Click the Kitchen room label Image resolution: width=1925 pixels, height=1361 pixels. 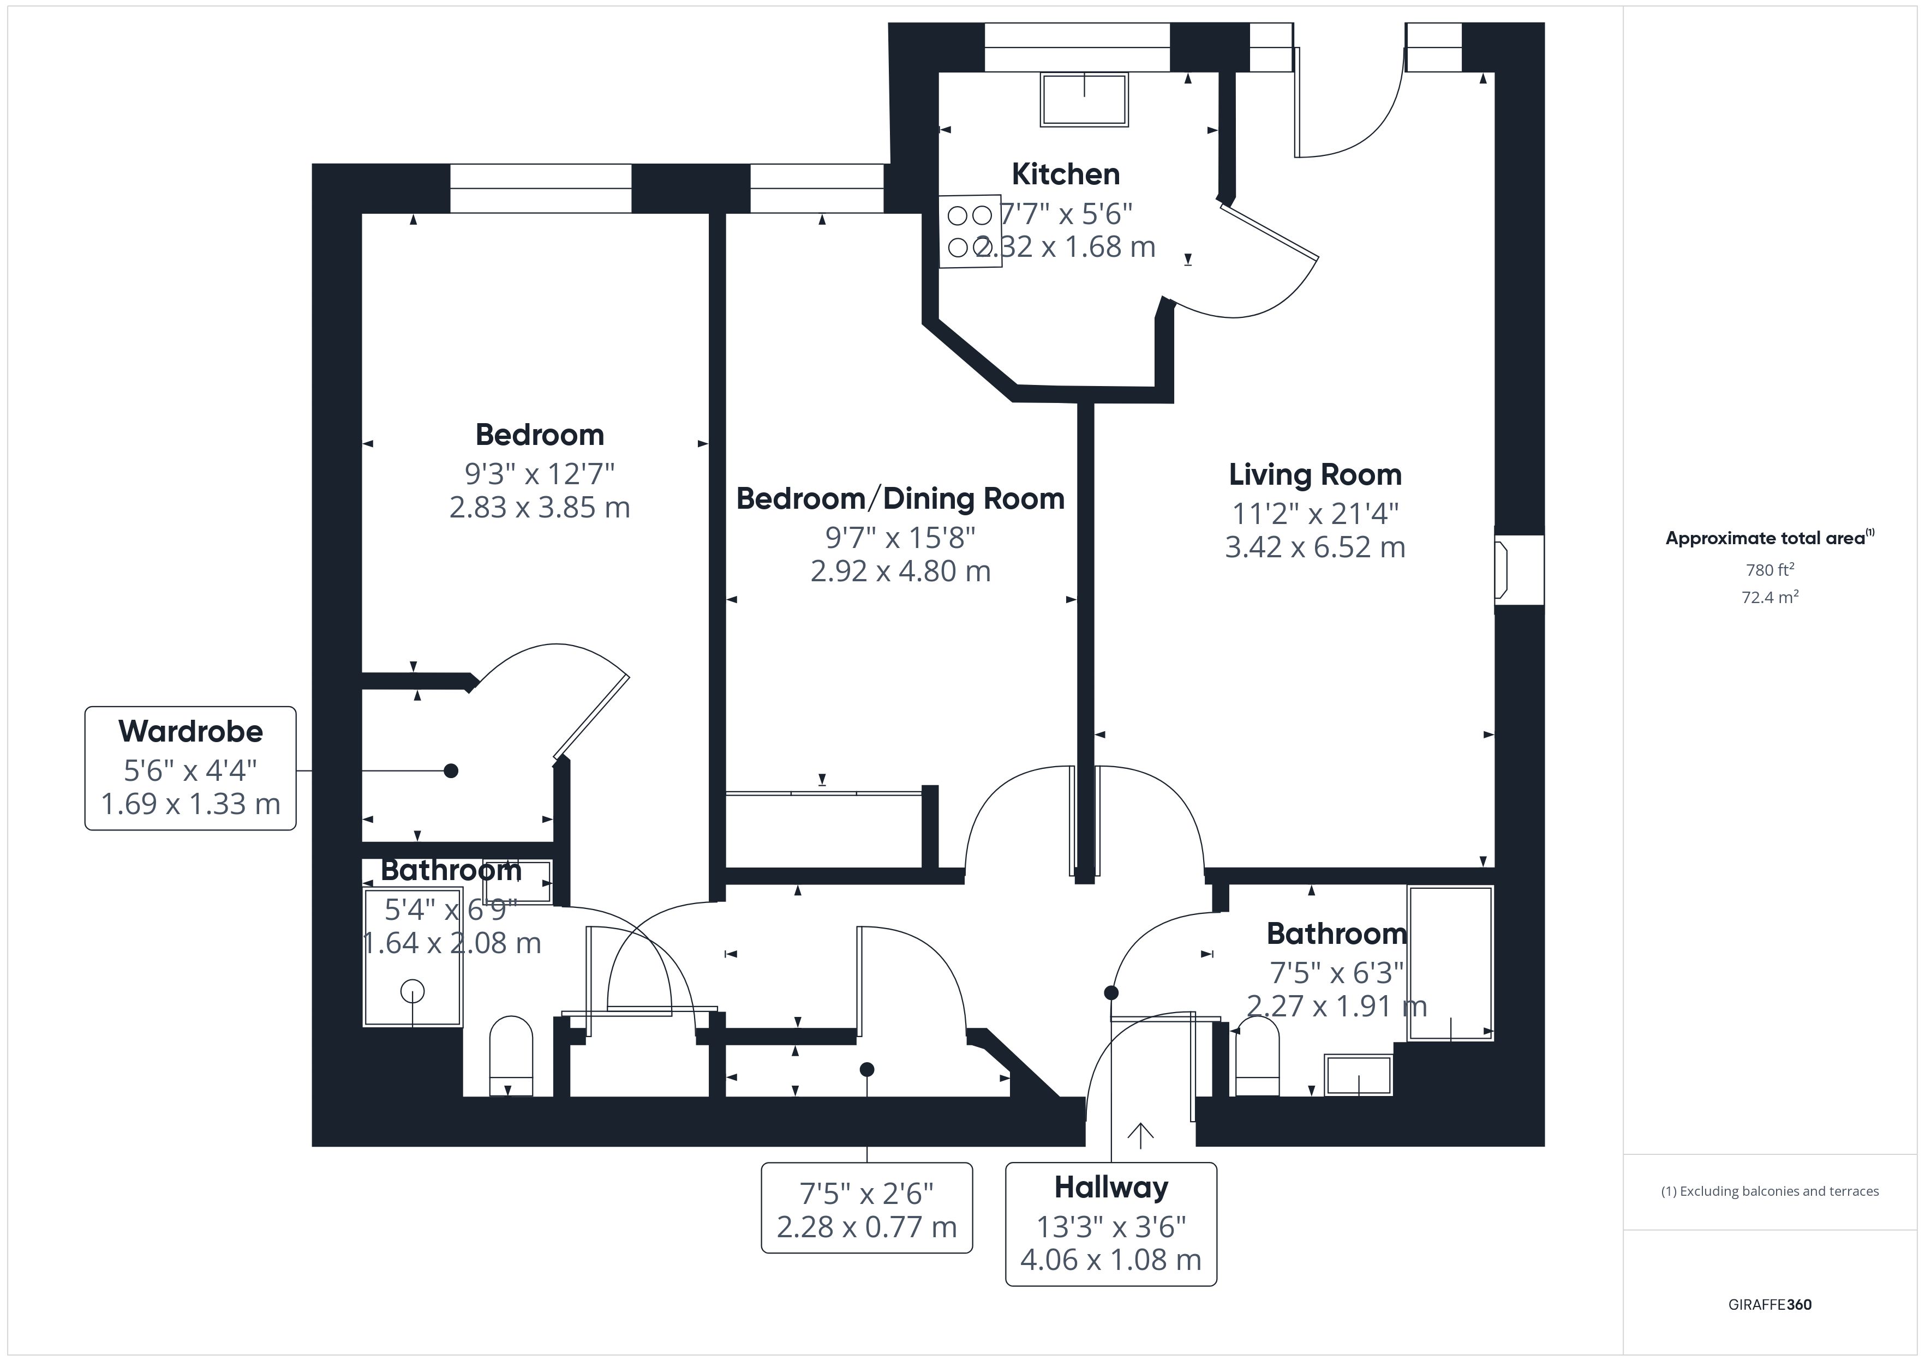[x=1065, y=174]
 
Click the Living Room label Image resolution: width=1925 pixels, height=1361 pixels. [x=1314, y=474]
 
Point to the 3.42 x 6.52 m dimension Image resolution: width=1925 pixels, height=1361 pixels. [x=1314, y=547]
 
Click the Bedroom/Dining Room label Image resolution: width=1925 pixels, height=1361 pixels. [x=900, y=498]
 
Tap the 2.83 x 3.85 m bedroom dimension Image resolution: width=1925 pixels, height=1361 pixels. [x=539, y=507]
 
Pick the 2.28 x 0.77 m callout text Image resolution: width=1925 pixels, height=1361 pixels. [x=866, y=1227]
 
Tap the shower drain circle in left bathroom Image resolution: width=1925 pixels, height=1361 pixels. [x=412, y=991]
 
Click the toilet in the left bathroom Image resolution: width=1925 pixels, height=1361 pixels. [x=511, y=1056]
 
